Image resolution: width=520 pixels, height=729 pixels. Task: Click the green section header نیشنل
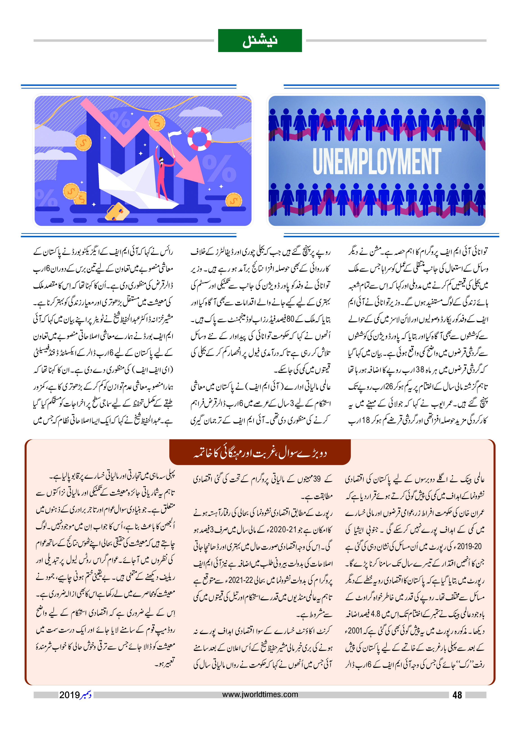point(260,41)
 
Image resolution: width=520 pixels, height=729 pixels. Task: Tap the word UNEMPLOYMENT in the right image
point(377,161)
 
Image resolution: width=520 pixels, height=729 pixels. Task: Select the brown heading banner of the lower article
point(260,452)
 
